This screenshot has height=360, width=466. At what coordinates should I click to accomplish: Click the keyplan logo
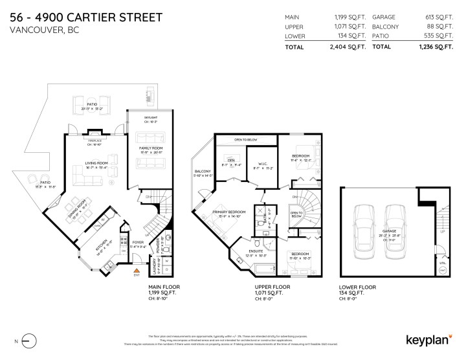pos(428,339)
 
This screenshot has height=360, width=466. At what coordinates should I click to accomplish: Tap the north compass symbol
pos(27,339)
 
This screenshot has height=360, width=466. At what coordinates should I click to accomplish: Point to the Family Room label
pos(148,148)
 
